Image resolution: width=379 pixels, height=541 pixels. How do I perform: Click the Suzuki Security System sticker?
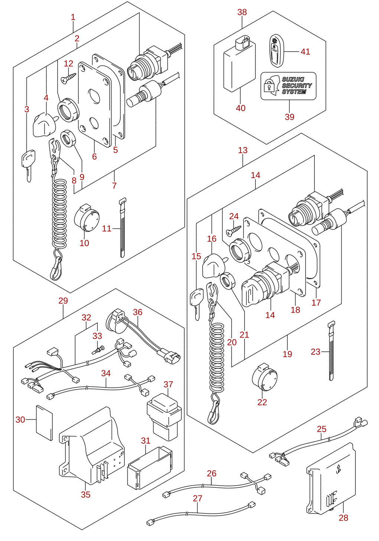(x=288, y=86)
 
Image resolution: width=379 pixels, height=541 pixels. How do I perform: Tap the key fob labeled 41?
(x=276, y=51)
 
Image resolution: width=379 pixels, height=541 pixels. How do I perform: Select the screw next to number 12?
(x=69, y=78)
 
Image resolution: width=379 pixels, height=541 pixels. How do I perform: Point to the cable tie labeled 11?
(x=123, y=228)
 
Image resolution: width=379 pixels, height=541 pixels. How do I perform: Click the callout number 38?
(x=242, y=12)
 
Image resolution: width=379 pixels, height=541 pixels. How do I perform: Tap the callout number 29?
(x=63, y=301)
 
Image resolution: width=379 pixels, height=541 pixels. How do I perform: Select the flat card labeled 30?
(x=44, y=423)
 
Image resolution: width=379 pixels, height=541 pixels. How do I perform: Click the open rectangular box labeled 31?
(x=150, y=467)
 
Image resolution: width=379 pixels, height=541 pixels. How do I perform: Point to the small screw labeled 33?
(x=98, y=350)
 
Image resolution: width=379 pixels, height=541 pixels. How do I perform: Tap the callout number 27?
(x=197, y=498)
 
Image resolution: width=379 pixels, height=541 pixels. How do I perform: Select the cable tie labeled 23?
(x=331, y=351)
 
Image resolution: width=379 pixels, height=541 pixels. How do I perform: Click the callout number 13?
(x=243, y=150)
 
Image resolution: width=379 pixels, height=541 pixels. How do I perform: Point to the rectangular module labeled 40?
(x=239, y=64)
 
